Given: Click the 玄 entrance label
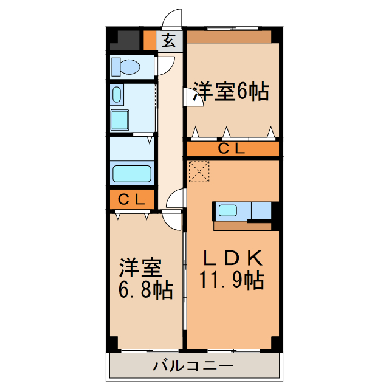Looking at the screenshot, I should coord(170,41).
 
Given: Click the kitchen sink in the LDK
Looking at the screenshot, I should coord(228,211).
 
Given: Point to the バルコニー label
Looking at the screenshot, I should coord(193,366).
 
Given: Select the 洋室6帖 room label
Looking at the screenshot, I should coord(231,92).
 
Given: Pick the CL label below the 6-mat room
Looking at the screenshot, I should coord(232,148).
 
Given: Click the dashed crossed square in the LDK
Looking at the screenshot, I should coord(199,171).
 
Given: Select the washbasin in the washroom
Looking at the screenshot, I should coord(117,94).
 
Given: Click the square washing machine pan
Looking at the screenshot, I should coord(119,120).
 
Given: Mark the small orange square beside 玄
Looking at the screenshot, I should coord(150,40).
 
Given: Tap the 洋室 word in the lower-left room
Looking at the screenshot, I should coord(140,267).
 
